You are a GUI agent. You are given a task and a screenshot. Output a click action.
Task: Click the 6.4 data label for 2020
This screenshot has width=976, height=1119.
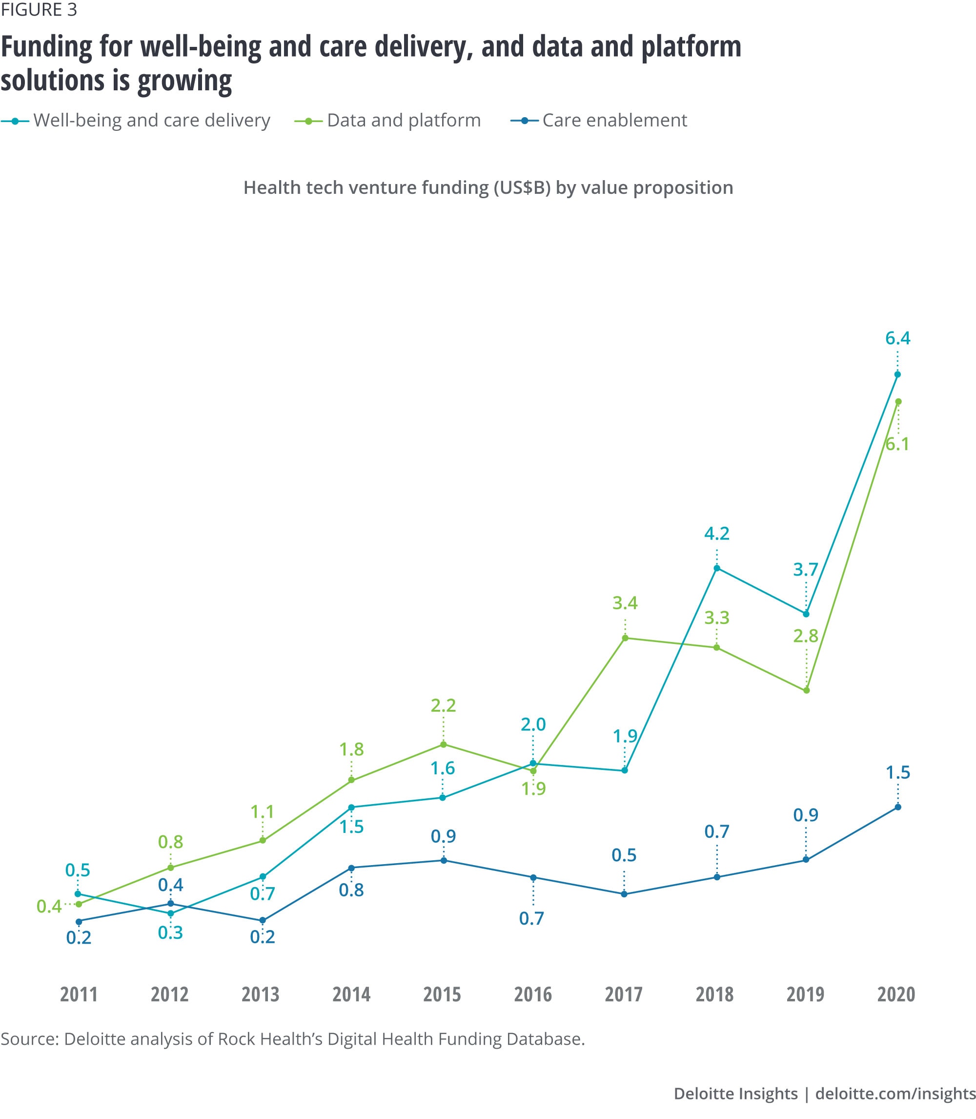click(897, 338)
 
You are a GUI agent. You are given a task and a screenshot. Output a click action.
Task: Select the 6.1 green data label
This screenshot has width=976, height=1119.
click(897, 444)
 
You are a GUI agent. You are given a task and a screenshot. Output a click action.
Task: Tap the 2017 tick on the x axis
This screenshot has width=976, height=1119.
click(624, 994)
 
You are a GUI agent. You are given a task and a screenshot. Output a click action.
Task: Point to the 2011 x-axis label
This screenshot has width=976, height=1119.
click(79, 994)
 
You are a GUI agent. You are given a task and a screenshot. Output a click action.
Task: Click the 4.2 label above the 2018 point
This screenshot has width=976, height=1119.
click(717, 533)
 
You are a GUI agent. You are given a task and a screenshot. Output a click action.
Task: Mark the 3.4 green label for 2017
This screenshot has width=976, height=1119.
click(625, 603)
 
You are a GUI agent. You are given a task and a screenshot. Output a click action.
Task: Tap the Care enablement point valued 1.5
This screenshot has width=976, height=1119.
click(898, 808)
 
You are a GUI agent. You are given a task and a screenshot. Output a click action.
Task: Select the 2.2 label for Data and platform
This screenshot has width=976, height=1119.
click(443, 705)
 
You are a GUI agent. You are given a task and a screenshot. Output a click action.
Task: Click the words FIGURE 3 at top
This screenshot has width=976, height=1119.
click(39, 10)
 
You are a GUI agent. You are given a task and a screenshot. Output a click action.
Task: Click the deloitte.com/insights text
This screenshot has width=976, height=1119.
click(895, 1094)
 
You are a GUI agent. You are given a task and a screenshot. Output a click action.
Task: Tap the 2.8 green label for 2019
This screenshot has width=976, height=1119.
click(806, 636)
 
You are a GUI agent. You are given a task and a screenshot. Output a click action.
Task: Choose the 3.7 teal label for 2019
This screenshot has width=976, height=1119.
click(806, 570)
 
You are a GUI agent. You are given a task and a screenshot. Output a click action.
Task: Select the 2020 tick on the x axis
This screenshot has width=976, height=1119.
click(896, 994)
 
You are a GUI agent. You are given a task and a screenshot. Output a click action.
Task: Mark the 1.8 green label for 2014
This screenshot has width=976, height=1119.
click(351, 749)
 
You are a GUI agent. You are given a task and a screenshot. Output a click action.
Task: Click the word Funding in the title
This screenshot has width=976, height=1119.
click(47, 46)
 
